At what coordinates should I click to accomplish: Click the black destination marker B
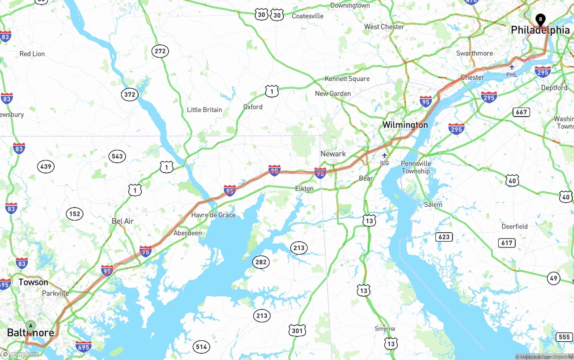(x=541, y=19)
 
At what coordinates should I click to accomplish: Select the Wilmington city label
(x=405, y=125)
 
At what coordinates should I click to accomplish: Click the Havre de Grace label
(x=213, y=215)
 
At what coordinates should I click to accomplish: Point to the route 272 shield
(x=160, y=51)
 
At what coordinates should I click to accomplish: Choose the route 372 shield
(x=130, y=94)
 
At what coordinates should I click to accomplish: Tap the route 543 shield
(x=117, y=156)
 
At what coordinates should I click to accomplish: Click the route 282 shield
(x=261, y=262)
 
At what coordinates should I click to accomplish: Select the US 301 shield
(x=297, y=331)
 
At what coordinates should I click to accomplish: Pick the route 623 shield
(x=444, y=237)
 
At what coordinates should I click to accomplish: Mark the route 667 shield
(x=522, y=112)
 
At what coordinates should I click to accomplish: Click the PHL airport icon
(x=512, y=67)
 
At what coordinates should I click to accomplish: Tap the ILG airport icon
(x=384, y=156)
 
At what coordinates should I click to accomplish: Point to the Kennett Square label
(x=347, y=79)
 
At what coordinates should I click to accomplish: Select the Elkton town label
(x=304, y=189)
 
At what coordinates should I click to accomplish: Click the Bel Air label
(x=123, y=221)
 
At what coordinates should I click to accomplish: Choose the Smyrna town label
(x=385, y=329)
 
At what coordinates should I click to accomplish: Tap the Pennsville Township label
(x=416, y=167)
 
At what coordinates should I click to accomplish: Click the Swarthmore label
(x=474, y=53)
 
